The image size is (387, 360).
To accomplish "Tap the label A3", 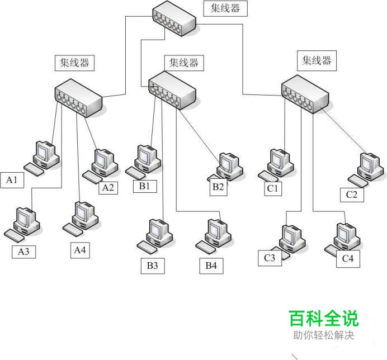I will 24,252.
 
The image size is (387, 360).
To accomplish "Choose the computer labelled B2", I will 228,167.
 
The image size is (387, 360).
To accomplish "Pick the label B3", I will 153,266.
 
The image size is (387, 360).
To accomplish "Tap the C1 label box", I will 272,188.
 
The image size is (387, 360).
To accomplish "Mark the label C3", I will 270,258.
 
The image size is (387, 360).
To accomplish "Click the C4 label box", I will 348,259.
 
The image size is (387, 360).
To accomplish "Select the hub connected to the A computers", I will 79,100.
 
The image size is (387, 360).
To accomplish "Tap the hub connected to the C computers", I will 305,92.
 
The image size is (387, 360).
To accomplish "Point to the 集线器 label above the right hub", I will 317,60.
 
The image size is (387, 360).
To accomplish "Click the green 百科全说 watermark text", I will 324,319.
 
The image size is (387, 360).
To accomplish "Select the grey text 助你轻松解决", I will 324,336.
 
